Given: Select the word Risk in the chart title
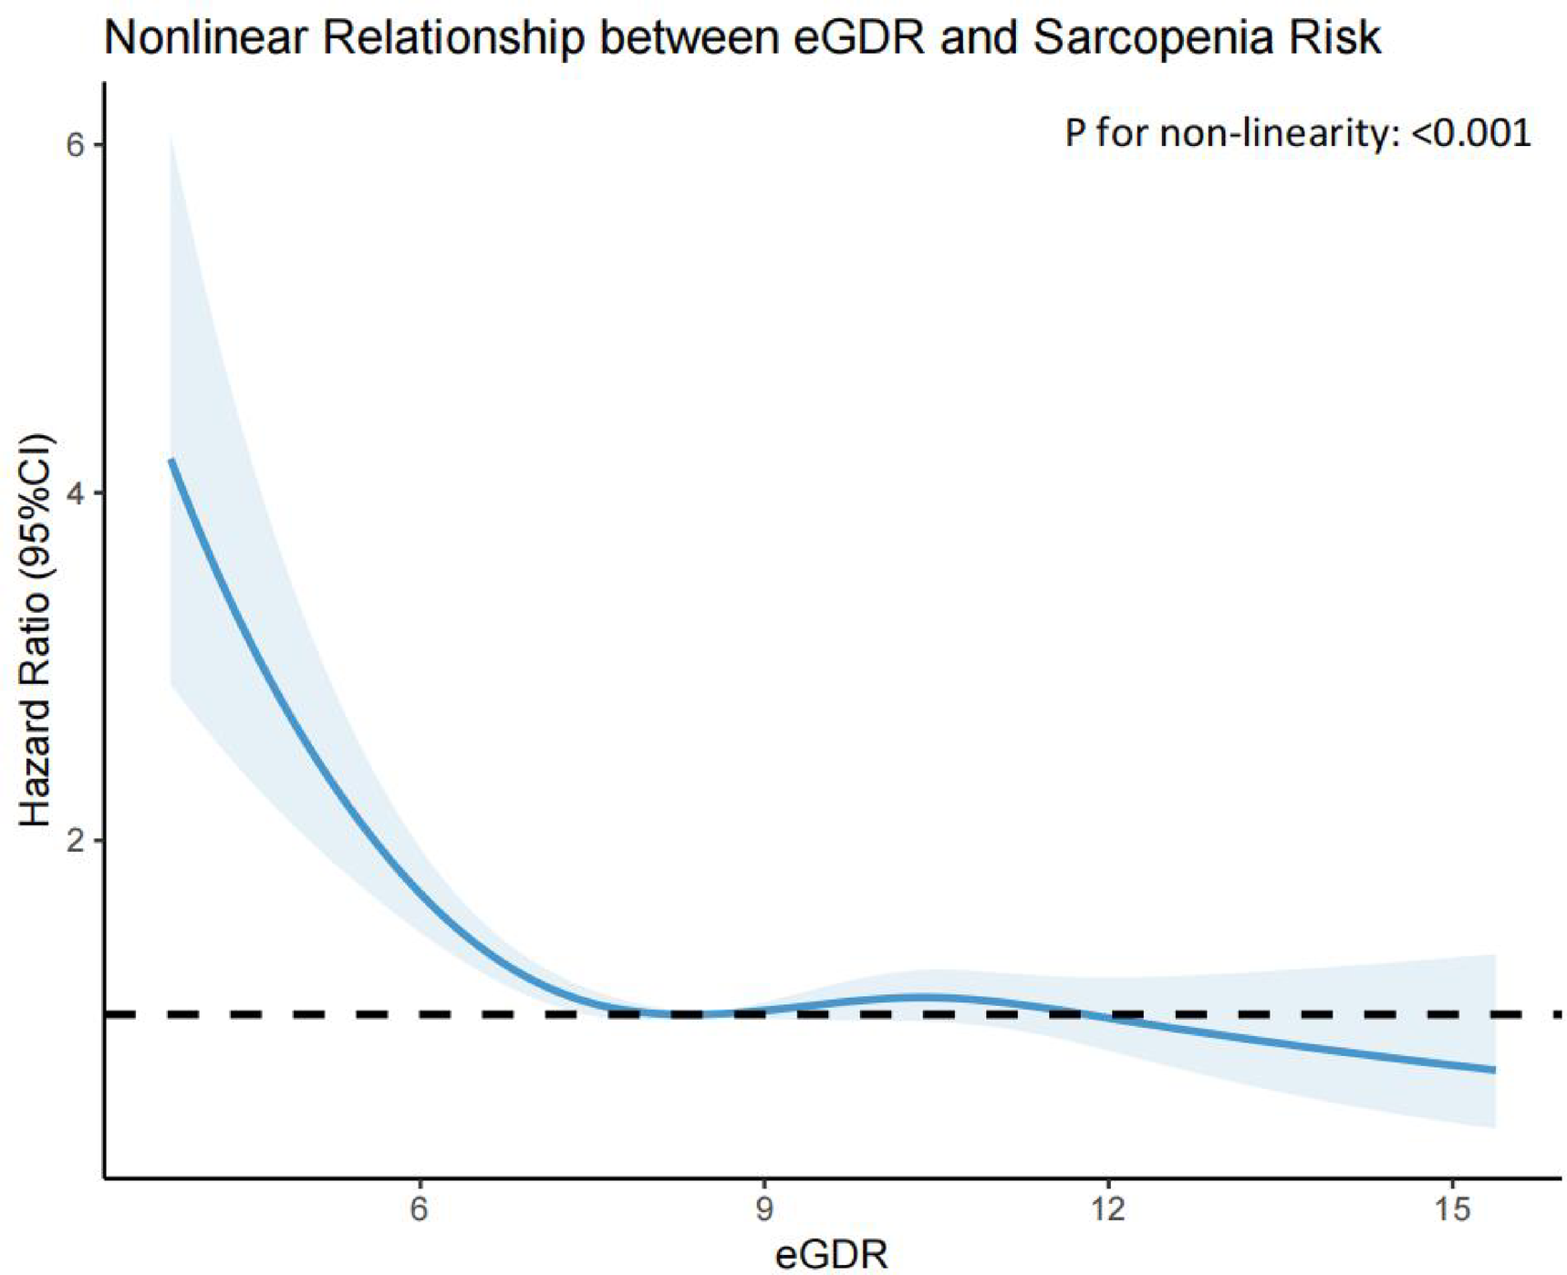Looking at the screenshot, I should [x=1336, y=38].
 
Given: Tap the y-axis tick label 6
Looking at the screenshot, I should [x=75, y=145].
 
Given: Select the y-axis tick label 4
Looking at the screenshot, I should [x=75, y=493].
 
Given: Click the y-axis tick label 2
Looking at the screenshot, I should [x=75, y=840].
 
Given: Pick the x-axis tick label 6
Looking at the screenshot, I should [x=419, y=1209].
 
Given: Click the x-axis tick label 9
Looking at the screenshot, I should [x=763, y=1209].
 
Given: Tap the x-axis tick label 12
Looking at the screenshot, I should [x=1107, y=1209].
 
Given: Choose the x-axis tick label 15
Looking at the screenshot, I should [x=1452, y=1209].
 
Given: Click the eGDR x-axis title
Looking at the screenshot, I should [x=831, y=1255].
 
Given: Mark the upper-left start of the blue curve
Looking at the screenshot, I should [x=171, y=461].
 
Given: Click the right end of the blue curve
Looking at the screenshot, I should [x=1493, y=1070].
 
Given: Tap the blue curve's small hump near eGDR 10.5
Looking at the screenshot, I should [x=926, y=997].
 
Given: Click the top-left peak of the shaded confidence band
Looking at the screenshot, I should [x=171, y=137].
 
